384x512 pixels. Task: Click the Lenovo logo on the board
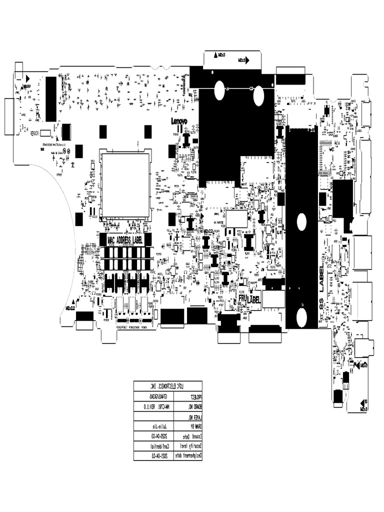179,121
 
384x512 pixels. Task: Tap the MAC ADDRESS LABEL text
124,240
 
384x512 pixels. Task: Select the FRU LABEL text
249,298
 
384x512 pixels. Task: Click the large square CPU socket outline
125,185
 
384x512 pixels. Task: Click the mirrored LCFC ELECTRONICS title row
168,385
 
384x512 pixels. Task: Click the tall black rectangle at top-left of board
51,99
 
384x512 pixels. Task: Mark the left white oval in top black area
219,90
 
